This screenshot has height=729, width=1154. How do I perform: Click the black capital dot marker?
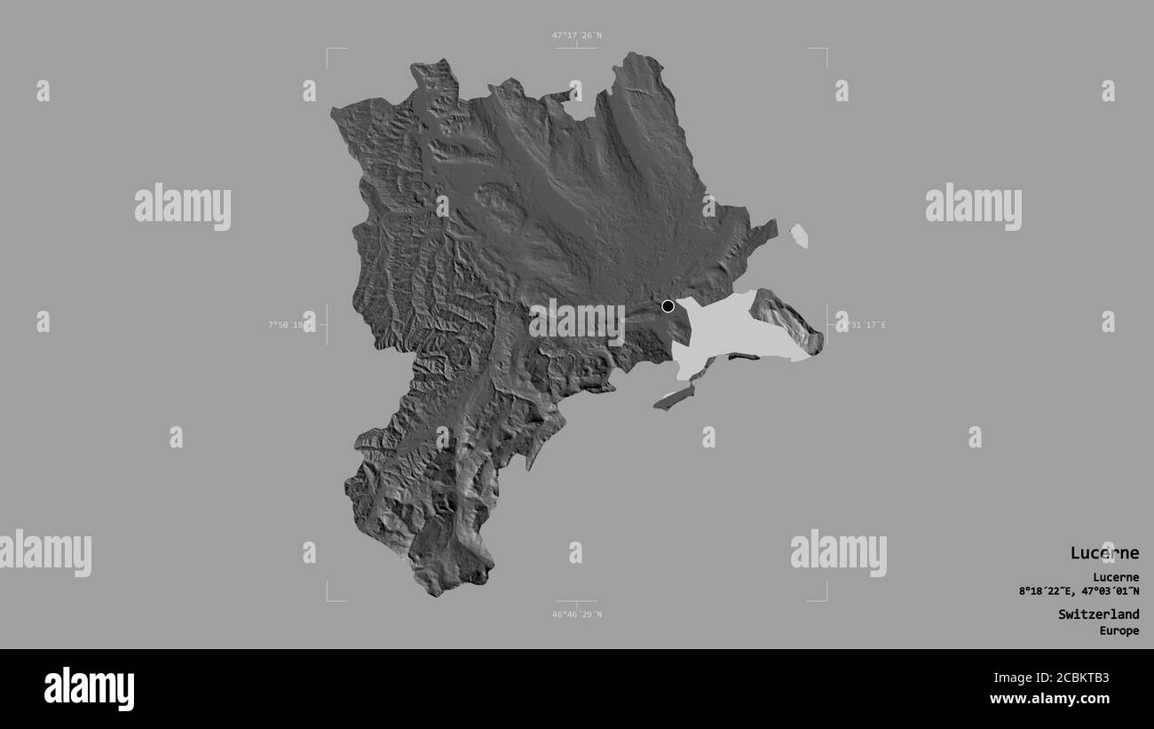(x=668, y=306)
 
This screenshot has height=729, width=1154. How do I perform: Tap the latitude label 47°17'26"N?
(x=576, y=36)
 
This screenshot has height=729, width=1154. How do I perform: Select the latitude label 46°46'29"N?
(x=576, y=614)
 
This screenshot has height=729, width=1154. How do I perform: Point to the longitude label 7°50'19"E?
(x=290, y=325)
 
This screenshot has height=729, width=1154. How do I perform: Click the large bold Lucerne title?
(x=1103, y=553)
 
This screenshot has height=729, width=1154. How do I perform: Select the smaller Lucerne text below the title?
(x=1116, y=577)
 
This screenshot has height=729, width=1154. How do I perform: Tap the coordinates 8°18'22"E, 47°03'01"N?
(x=1079, y=591)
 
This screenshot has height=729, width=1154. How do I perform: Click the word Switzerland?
(x=1098, y=614)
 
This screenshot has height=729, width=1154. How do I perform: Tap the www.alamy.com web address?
(x=1051, y=699)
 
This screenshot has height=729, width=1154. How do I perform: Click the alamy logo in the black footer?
(x=89, y=689)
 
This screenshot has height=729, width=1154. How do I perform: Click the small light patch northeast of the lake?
(x=799, y=235)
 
